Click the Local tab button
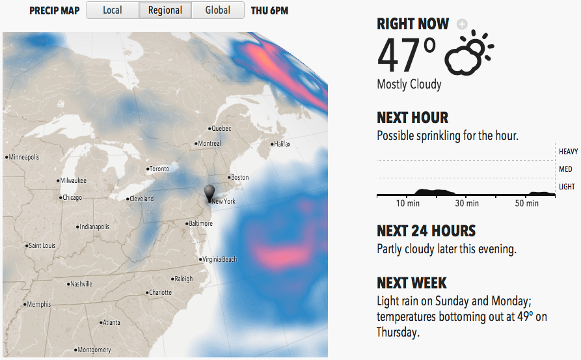tap(113, 10)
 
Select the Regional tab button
tap(165, 10)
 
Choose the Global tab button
tap(217, 10)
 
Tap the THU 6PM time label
tap(269, 10)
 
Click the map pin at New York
tap(209, 193)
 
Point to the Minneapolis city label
tap(23, 158)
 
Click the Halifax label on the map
tap(281, 144)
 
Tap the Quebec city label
tap(221, 129)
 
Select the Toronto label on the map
tap(159, 169)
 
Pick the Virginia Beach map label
tap(219, 259)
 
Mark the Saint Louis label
tap(41, 246)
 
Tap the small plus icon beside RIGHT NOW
tap(462, 24)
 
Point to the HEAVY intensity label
tap(568, 152)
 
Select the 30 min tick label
tap(466, 204)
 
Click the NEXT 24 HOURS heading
tap(426, 231)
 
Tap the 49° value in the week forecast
tap(520, 317)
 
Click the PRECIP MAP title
tap(55, 10)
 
